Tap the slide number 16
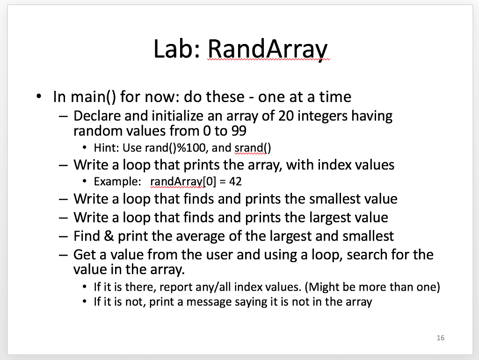coord(440,338)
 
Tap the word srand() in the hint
coord(253,148)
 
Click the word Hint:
coord(108,148)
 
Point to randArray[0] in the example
coord(179,181)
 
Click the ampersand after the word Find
coord(109,236)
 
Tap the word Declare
coord(97,115)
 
